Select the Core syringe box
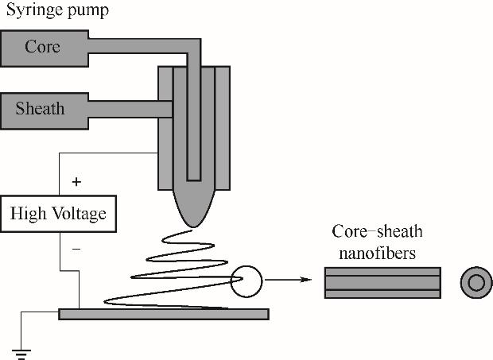43,47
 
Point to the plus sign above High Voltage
76,182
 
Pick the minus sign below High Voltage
76,249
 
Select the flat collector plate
163,314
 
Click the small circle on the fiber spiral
246,280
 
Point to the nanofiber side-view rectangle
382,282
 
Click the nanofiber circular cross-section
476,282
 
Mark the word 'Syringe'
31,12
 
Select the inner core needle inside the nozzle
195,127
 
